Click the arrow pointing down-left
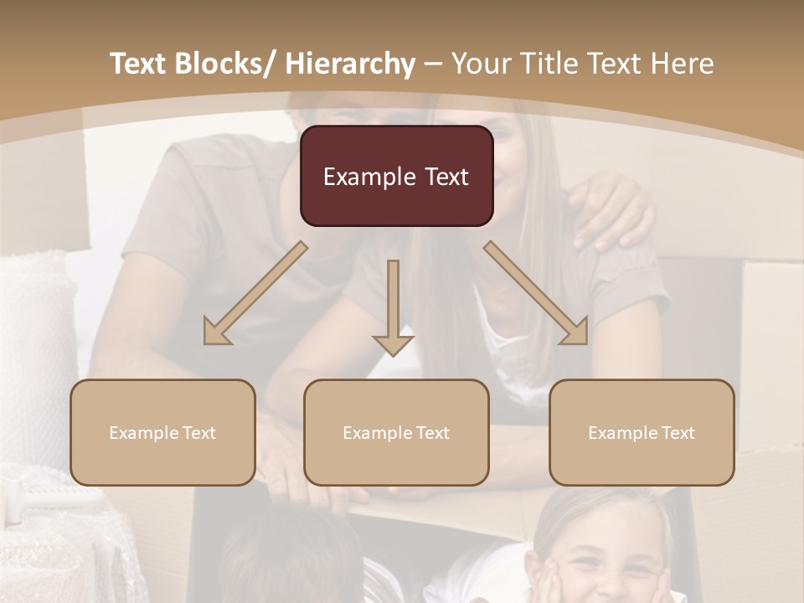255,293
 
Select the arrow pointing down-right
536,293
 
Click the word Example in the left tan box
142,433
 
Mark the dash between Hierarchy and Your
433,64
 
